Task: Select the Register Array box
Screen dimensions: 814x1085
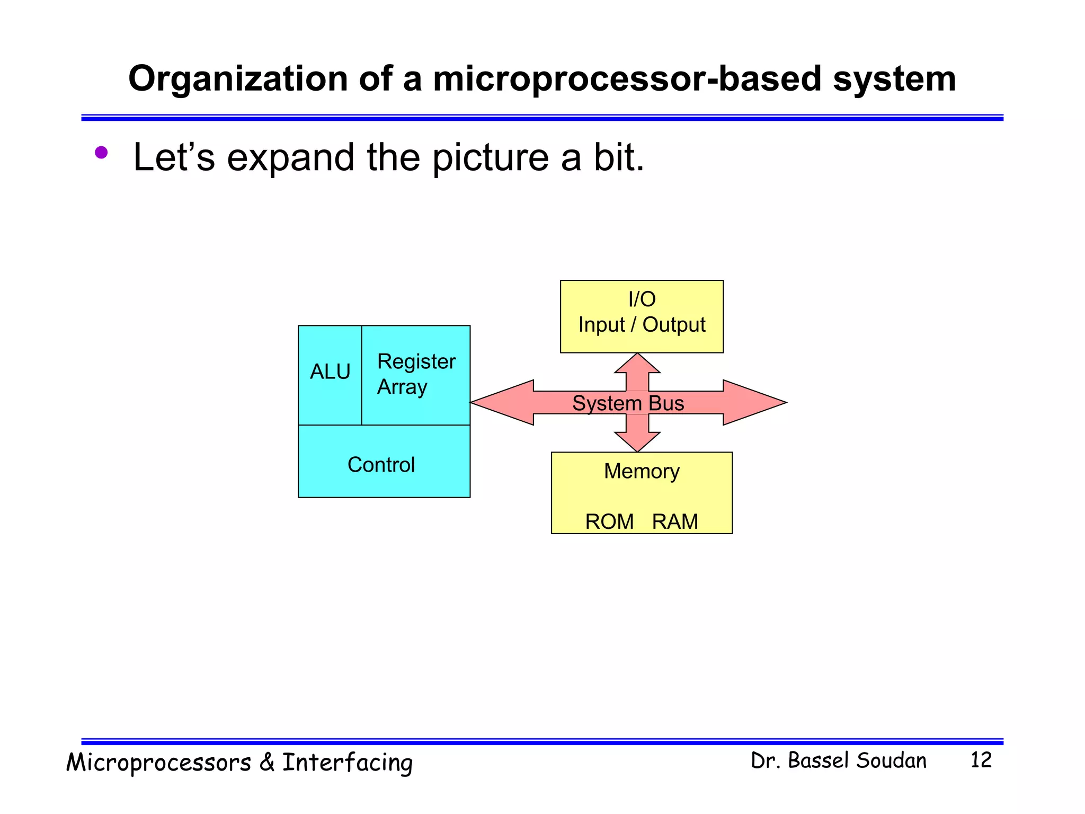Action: (x=416, y=374)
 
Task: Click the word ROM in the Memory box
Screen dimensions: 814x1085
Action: (x=609, y=521)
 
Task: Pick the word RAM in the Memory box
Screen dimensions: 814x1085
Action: (x=675, y=521)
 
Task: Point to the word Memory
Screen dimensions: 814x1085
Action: (x=642, y=471)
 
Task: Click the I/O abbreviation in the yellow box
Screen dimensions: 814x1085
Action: (x=642, y=299)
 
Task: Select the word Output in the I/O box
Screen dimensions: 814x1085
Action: (x=674, y=324)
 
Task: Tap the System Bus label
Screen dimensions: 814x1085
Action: (x=628, y=403)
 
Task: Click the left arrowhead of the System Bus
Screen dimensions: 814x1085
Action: (x=498, y=402)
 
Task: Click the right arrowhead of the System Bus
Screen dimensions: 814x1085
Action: (x=758, y=402)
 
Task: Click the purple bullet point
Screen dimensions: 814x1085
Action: (x=101, y=153)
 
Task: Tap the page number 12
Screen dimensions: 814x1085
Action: (x=981, y=760)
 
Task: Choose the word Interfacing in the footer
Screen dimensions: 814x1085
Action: (x=347, y=763)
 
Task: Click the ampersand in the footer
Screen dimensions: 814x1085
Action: (x=266, y=763)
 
